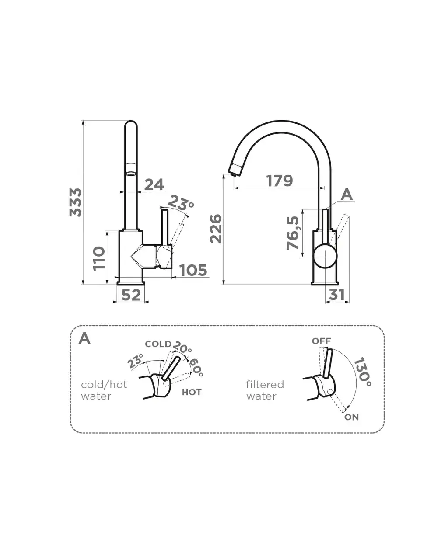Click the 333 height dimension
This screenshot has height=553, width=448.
76,202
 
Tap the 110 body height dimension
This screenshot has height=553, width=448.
99,258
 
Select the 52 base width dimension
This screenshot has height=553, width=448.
131,295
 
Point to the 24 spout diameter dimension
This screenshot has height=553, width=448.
154,184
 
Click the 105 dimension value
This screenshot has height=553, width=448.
193,271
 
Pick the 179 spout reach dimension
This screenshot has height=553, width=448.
280,181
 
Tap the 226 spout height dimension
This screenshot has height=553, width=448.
216,229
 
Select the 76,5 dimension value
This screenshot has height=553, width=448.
293,233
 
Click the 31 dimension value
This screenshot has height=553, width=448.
336,295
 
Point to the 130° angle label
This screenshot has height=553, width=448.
363,372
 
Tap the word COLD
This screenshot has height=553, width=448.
158,344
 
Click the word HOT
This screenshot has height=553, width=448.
192,392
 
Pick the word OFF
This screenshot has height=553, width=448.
321,341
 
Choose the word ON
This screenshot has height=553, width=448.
351,417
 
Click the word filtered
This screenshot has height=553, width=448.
265,385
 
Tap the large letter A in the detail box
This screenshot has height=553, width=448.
84,338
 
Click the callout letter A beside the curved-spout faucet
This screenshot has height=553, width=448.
346,195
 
